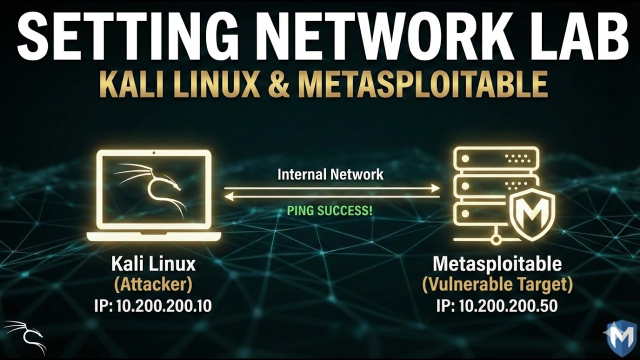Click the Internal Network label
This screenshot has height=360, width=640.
coord(330,174)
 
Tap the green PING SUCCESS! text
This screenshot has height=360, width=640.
coord(329,211)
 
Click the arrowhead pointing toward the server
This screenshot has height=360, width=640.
coord(435,188)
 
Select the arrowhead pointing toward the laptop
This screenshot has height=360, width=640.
coord(229,196)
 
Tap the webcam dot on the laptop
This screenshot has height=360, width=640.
coord(153,153)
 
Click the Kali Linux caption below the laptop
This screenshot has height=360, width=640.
coord(153,264)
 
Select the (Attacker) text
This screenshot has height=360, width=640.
coord(153,285)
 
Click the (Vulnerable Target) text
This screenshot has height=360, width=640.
coord(497,285)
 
